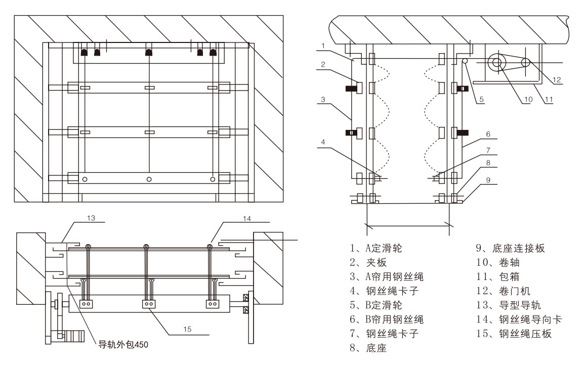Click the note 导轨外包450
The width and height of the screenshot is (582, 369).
(124, 346)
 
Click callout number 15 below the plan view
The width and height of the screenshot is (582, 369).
(187, 329)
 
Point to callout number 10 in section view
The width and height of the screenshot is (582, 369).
(528, 100)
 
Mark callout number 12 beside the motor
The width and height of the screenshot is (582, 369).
(557, 79)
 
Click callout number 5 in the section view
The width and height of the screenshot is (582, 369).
(482, 100)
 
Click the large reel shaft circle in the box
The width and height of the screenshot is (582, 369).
(495, 63)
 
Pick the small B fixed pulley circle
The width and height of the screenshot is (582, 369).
(464, 61)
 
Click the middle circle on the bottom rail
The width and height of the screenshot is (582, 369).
(149, 179)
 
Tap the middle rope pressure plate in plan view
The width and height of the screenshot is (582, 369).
(149, 304)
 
